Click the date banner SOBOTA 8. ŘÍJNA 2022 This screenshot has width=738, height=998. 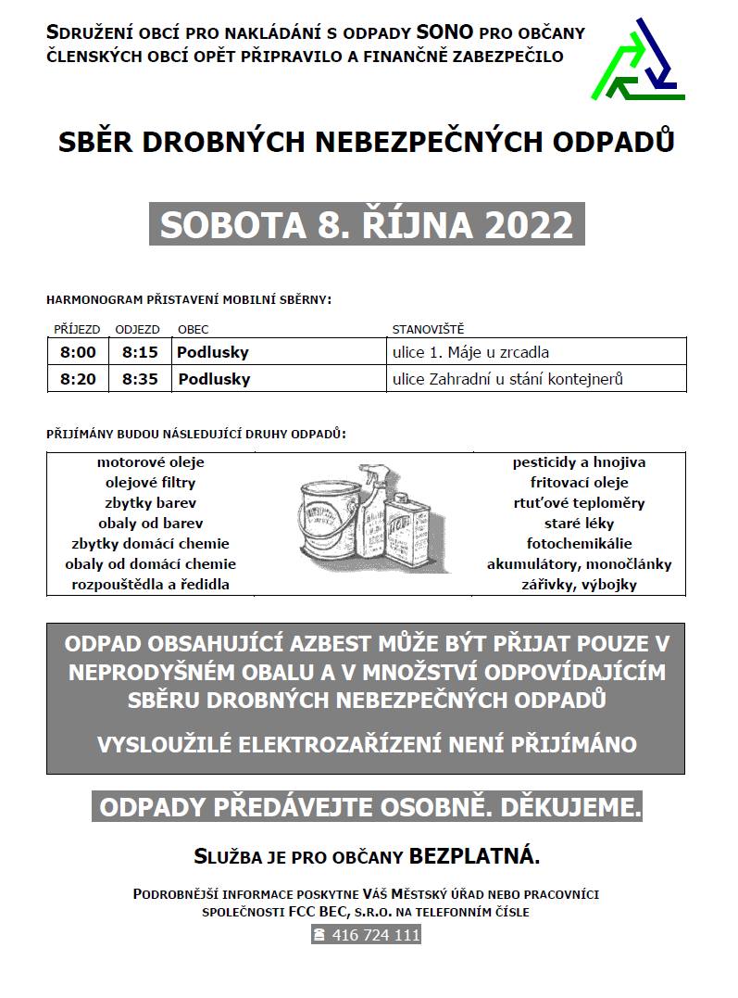pyautogui.click(x=367, y=224)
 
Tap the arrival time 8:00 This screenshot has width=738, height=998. pyautogui.click(x=78, y=352)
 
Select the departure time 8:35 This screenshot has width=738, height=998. pyautogui.click(x=140, y=379)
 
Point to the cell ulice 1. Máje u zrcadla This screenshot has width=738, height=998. pyautogui.click(x=471, y=352)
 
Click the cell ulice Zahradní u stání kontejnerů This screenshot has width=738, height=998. pyautogui.click(x=507, y=379)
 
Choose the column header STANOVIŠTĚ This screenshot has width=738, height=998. pyautogui.click(x=428, y=329)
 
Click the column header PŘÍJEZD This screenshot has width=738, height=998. pyautogui.click(x=77, y=329)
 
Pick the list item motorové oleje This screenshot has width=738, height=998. pyautogui.click(x=150, y=461)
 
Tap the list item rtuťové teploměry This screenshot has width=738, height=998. pyautogui.click(x=579, y=503)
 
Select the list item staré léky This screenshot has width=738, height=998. pyautogui.click(x=579, y=524)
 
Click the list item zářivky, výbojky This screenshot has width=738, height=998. pyautogui.click(x=579, y=585)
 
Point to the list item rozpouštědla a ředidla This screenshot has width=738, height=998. pyautogui.click(x=150, y=585)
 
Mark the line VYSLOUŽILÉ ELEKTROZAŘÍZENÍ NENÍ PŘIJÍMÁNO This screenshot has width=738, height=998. pyautogui.click(x=366, y=743)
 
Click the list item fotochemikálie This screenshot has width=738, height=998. pyautogui.click(x=579, y=544)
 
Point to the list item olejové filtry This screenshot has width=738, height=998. pyautogui.click(x=150, y=483)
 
